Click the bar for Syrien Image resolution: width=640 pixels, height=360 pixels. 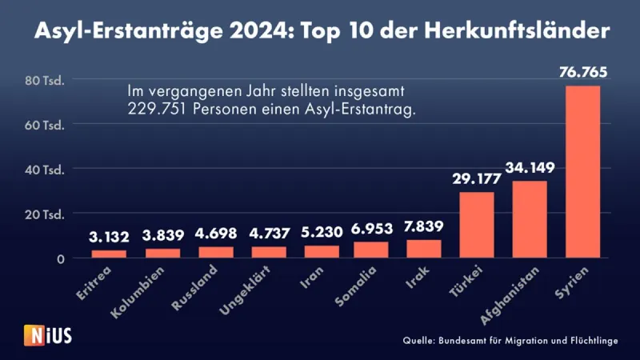582,172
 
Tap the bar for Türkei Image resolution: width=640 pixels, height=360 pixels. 477,226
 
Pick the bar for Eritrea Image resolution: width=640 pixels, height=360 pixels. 109,254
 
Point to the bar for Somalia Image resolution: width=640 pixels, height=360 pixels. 370,250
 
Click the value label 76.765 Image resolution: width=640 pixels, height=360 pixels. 582,73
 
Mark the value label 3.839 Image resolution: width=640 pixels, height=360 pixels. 163,235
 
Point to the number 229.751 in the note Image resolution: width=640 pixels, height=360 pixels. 154,110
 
